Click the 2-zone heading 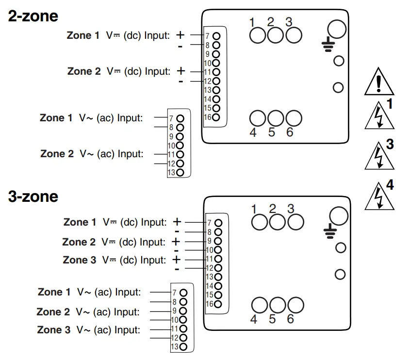[x=33, y=16]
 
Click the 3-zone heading [x=33, y=196]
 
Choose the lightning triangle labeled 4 [x=379, y=197]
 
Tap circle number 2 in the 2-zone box [x=276, y=34]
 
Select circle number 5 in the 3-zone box [x=277, y=305]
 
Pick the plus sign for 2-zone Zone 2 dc [x=181, y=71]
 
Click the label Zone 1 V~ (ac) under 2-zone [x=91, y=118]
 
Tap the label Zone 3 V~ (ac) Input [x=89, y=330]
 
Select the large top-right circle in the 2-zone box [x=337, y=30]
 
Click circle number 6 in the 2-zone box [x=294, y=118]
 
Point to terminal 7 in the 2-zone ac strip [x=180, y=118]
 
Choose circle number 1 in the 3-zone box [x=260, y=222]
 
